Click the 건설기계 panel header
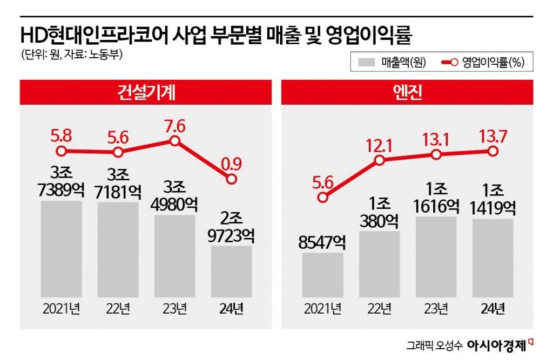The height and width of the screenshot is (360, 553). tap(146, 92)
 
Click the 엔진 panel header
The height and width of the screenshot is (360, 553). tap(408, 92)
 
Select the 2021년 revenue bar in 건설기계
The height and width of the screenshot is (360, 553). tap(61, 249)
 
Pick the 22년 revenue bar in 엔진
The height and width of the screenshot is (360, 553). tap(379, 264)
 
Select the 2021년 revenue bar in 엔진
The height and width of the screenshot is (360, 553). tap(322, 274)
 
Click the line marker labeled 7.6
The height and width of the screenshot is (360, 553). tap(174, 141)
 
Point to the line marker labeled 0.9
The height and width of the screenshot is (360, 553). tap(231, 178)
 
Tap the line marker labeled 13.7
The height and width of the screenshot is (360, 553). tap(492, 152)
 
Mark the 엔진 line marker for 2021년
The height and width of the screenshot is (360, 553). tap(322, 198)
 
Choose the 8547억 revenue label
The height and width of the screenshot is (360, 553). tap(322, 241)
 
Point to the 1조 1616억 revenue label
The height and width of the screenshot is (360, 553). tap(436, 197)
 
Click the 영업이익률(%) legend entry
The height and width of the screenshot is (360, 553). tap(483, 63)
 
